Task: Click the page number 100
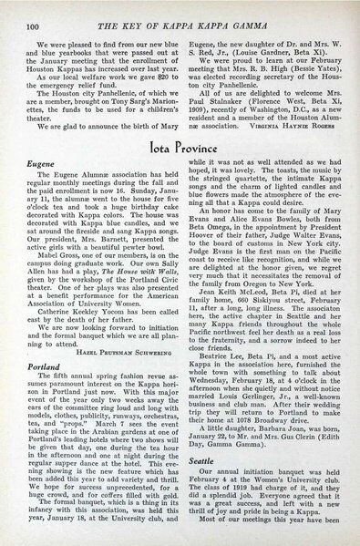28,11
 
